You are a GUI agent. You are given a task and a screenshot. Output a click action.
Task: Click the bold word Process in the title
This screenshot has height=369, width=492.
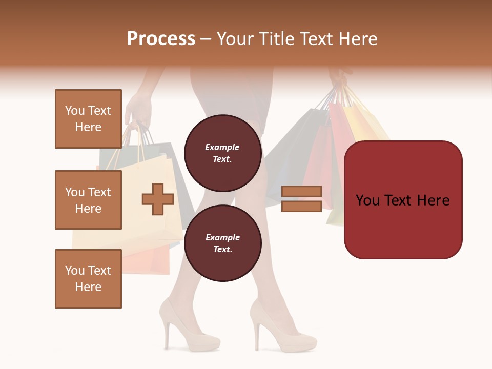tap(161, 39)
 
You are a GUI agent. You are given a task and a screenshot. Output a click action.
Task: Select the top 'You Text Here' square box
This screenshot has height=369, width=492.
tap(88, 119)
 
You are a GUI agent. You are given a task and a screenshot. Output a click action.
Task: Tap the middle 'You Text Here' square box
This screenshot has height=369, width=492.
tap(88, 200)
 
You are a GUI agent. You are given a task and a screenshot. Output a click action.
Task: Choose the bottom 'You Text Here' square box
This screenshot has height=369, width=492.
tap(88, 279)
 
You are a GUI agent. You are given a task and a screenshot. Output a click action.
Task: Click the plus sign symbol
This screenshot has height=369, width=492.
tap(158, 199)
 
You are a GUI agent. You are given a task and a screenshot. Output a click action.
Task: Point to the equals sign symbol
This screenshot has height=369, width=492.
tap(301, 199)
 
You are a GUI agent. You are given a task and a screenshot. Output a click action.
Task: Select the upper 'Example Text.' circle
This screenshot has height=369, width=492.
tap(222, 153)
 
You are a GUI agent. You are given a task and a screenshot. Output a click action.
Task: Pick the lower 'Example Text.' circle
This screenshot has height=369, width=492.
tap(222, 243)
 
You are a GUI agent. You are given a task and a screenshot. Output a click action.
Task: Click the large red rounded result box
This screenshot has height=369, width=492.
tap(403, 200)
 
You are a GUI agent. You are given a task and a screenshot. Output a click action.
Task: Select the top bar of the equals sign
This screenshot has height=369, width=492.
tap(301, 191)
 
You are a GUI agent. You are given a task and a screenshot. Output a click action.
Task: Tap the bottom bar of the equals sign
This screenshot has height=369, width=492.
tap(301, 207)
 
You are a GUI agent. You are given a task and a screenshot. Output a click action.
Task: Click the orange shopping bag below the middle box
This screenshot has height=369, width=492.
tap(149, 259)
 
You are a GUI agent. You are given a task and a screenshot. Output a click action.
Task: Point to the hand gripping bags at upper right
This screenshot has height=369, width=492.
tap(338, 77)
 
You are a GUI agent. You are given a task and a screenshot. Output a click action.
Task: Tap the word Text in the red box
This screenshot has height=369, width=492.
tap(402, 200)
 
